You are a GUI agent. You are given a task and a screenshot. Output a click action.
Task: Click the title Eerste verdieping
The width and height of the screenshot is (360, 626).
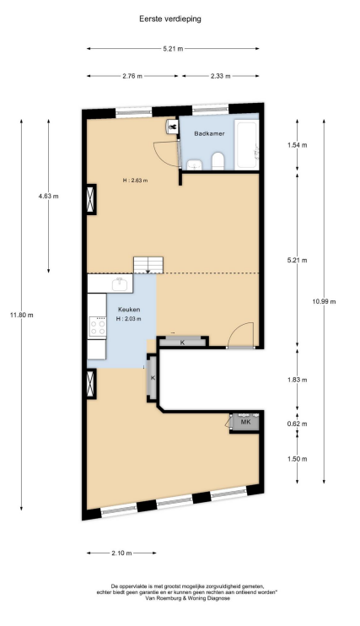(170, 19)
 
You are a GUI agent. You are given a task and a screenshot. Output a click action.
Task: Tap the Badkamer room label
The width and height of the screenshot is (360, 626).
(209, 133)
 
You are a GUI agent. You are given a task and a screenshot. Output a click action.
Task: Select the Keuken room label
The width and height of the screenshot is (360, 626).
(128, 310)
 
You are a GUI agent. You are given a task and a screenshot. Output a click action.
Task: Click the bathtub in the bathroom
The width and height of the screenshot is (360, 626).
(248, 145)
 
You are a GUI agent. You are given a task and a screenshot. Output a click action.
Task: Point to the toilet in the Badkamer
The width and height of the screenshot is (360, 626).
(218, 161)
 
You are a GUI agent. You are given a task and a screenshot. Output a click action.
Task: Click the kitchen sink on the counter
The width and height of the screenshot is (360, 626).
(120, 283)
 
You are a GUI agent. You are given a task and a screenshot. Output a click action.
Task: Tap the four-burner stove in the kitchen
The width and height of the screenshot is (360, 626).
(98, 326)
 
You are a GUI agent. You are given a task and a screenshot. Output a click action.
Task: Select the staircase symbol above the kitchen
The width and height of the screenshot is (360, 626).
(148, 265)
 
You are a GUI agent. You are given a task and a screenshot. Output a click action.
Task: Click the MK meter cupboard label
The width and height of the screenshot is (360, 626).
(246, 422)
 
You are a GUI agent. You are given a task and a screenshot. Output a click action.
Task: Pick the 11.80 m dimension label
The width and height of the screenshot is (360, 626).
(22, 315)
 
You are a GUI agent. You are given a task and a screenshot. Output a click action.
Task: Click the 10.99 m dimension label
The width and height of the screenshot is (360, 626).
(324, 301)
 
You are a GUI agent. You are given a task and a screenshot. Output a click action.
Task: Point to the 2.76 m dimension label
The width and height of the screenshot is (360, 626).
(132, 76)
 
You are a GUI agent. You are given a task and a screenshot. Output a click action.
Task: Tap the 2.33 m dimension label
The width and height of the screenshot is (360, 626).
(221, 76)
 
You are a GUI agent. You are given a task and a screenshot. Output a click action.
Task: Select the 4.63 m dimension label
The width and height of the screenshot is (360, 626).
(49, 196)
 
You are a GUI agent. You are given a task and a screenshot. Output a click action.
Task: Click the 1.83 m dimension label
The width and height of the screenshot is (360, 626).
(298, 380)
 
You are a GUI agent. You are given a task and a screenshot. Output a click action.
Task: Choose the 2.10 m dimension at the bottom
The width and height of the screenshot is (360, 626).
(121, 553)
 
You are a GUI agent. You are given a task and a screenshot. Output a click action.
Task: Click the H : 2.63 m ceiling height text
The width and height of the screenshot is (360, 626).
(135, 181)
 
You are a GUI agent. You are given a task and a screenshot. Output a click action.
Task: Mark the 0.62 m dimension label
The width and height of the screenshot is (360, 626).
(298, 424)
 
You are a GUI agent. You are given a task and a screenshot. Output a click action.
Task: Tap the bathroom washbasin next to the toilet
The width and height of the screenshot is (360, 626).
(195, 164)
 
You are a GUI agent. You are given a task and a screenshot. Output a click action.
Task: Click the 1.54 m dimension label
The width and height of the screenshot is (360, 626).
(298, 145)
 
